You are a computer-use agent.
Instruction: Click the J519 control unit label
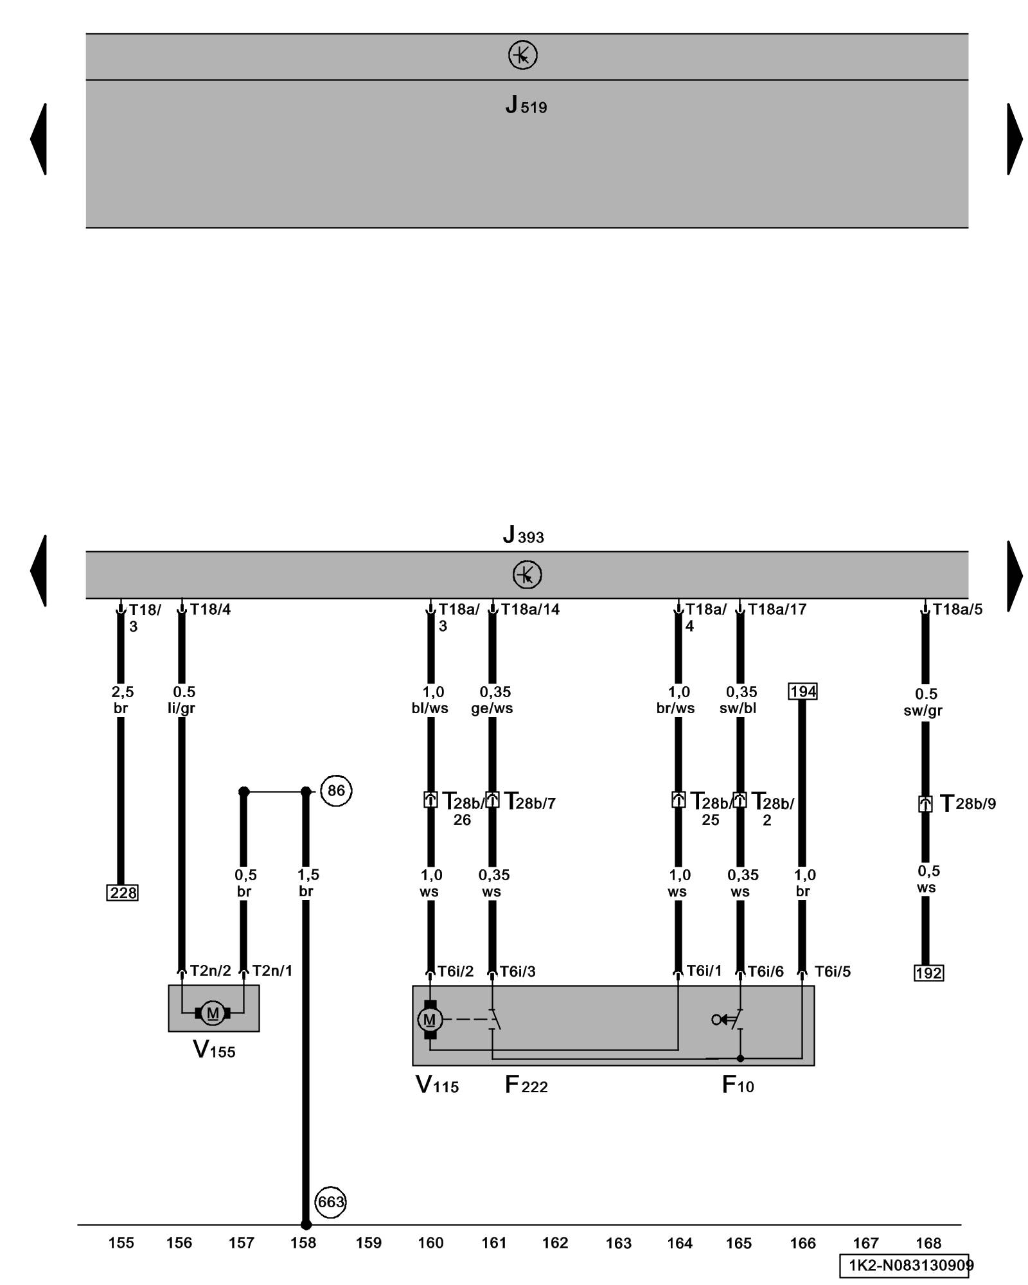pos(526,105)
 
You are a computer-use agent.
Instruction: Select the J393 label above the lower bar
pos(523,535)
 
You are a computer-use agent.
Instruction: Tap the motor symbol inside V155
pos(213,1013)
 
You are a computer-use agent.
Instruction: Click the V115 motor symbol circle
pos(430,1019)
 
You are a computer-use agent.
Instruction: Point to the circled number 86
pos(336,790)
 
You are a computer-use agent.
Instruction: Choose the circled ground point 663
pos(331,1201)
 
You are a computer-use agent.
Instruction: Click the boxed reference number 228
pos(122,892)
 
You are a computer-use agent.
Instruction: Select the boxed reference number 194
pos(802,691)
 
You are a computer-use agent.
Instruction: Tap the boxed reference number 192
pos(928,973)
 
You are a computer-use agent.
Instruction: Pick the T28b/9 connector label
pos(968,803)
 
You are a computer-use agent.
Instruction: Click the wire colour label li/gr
pos(181,708)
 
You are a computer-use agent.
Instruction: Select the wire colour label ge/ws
pos(492,708)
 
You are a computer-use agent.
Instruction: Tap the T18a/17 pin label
pos(777,609)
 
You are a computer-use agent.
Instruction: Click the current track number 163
pos(618,1243)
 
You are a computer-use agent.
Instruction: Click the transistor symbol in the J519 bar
pos(522,55)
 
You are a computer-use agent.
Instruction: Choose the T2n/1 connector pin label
pos(272,971)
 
